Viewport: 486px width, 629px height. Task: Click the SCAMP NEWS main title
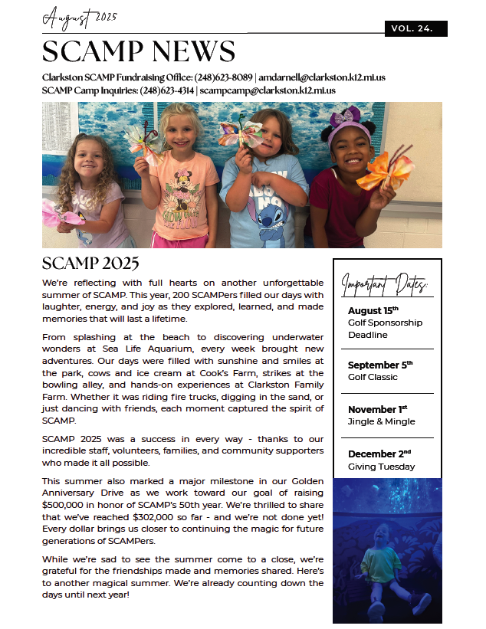coord(138,52)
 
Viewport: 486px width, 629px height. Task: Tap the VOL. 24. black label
coord(415,28)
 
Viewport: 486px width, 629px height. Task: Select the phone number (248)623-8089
coord(222,77)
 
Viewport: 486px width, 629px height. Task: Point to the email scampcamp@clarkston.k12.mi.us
coord(268,90)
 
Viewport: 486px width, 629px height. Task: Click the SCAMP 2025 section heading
coord(90,264)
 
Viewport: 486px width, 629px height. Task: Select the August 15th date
coord(373,310)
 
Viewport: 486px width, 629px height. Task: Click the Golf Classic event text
coord(373,377)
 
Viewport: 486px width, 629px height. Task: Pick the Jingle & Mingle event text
coord(381,421)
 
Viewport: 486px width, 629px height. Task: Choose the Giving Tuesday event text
coord(381,467)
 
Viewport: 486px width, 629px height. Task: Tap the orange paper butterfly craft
coord(386,170)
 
